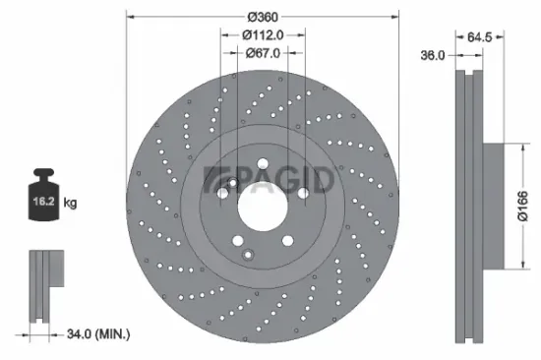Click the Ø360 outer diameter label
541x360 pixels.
click(x=262, y=17)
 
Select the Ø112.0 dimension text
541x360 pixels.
click(x=262, y=35)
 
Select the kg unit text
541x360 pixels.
click(x=71, y=204)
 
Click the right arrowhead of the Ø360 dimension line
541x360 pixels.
click(x=398, y=17)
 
